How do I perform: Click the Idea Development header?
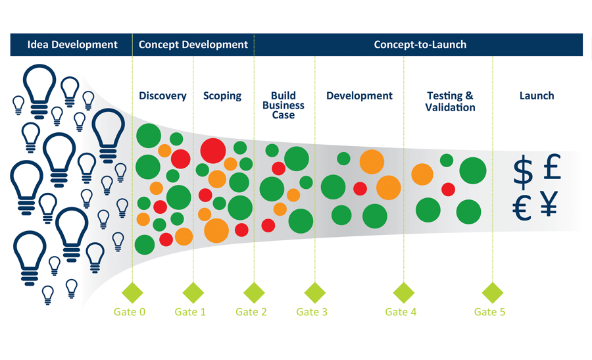(x=72, y=45)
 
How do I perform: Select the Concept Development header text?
(x=193, y=45)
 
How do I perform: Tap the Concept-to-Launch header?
(x=420, y=45)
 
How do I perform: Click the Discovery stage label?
(x=162, y=96)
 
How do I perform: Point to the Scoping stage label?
(x=222, y=96)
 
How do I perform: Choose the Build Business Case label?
(x=284, y=105)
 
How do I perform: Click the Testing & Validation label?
(x=450, y=101)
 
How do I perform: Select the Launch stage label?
(x=537, y=96)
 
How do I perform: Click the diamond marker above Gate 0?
(x=132, y=293)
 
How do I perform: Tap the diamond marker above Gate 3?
(x=315, y=293)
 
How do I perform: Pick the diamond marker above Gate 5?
(x=493, y=293)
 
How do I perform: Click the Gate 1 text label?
(x=190, y=312)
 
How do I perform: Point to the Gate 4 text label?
(x=401, y=312)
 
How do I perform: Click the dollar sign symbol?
(x=524, y=172)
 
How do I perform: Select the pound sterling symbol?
(x=553, y=167)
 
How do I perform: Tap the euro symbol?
(x=522, y=208)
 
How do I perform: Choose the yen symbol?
(x=549, y=203)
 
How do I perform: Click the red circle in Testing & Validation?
(x=448, y=190)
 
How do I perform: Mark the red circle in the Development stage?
(x=360, y=188)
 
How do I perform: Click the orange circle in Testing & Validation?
(x=422, y=174)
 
